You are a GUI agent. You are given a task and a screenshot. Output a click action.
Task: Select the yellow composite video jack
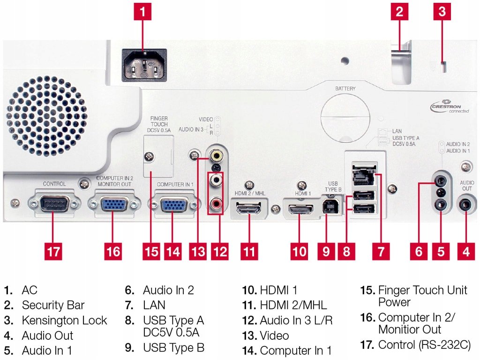217,154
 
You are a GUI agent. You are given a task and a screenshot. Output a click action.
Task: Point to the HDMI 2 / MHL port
249,208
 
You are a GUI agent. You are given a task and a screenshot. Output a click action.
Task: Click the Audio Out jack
466,205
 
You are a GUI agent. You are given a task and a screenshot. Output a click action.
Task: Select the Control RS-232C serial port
52,204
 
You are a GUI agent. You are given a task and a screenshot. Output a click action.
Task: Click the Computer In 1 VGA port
172,205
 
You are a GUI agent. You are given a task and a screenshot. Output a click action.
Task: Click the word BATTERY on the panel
345,88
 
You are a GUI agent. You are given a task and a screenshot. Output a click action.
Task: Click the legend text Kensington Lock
64,321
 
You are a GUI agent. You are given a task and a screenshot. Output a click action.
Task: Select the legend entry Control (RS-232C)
424,345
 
